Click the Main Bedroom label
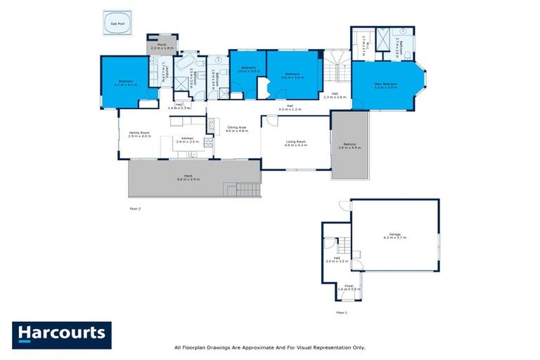pyautogui.click(x=385, y=84)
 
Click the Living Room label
pyautogui.click(x=295, y=143)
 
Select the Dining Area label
pyautogui.click(x=238, y=129)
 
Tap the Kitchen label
pyautogui.click(x=187, y=139)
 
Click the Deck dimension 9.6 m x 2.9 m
pyautogui.click(x=188, y=180)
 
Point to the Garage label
pyautogui.click(x=395, y=236)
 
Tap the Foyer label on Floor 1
pyautogui.click(x=349, y=287)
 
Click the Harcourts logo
pyautogui.click(x=62, y=333)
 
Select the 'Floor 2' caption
pyautogui.click(x=136, y=209)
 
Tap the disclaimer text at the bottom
pyautogui.click(x=269, y=347)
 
